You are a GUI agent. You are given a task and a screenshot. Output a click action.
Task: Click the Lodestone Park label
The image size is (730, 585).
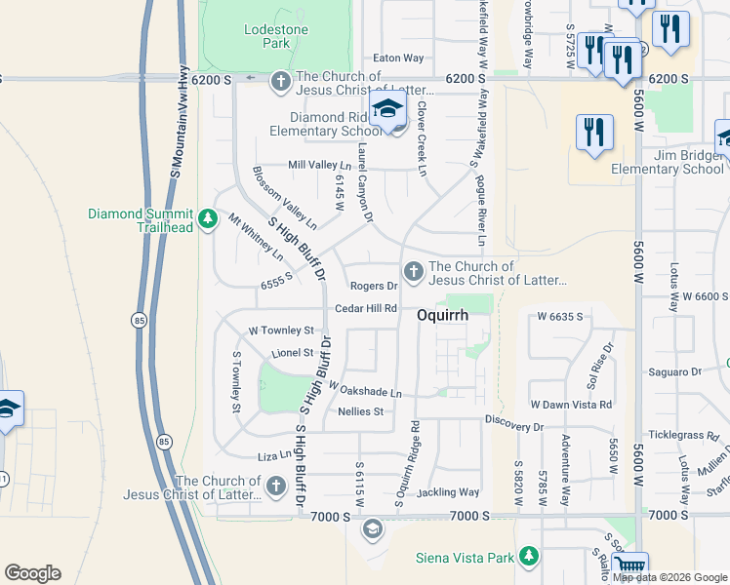(275, 38)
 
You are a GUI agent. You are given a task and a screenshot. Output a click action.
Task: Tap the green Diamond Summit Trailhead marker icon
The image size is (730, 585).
(207, 220)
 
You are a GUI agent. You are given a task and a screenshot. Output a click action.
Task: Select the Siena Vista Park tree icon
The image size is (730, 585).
(529, 556)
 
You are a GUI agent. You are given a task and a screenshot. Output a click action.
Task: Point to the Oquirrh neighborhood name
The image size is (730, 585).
(443, 316)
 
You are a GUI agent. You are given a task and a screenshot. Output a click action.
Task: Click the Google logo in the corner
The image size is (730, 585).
(32, 573)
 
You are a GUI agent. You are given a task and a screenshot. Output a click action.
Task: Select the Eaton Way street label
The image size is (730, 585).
(399, 58)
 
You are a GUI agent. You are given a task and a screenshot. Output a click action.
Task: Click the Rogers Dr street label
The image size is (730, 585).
(374, 287)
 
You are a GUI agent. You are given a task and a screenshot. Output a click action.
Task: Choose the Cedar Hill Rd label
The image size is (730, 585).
(365, 309)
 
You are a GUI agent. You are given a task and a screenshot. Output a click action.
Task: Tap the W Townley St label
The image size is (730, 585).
(281, 331)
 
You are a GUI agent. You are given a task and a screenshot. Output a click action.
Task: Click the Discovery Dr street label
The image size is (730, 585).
(513, 427)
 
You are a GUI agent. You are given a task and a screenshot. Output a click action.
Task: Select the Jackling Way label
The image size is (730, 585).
(448, 492)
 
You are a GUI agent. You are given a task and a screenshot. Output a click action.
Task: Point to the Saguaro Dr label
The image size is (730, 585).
(675, 371)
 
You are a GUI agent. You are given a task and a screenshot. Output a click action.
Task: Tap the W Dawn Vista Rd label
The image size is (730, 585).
(571, 404)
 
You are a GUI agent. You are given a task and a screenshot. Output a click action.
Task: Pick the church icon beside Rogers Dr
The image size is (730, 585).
(413, 271)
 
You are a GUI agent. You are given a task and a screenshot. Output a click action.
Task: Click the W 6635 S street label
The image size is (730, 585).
(559, 317)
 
